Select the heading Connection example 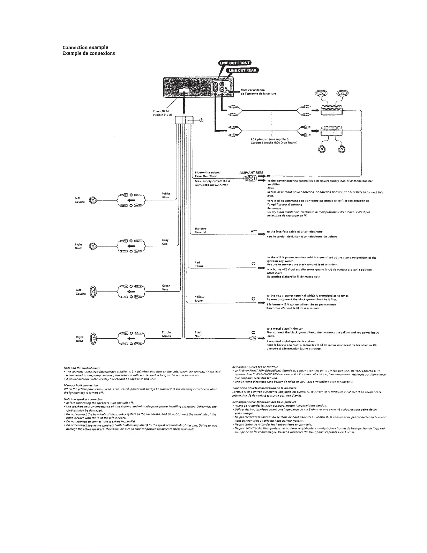85,47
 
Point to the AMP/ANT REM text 251,172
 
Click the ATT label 254,231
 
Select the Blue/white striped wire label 207,172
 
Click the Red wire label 197,262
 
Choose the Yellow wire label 199,297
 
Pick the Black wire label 198,332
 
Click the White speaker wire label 166,193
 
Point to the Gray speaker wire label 165,240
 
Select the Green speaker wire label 166,286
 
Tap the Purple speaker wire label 166,332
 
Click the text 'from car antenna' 248,90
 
